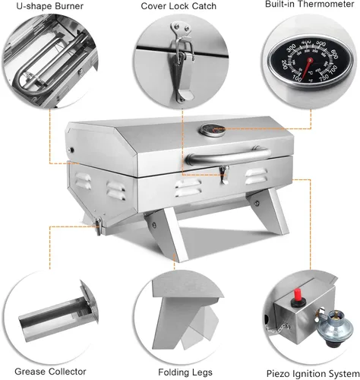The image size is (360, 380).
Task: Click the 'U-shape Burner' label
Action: (x=50, y=6)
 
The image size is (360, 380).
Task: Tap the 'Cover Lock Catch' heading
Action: (x=178, y=6)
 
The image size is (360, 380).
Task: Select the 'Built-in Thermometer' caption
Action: (x=309, y=5)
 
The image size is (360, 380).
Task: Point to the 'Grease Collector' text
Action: (x=50, y=372)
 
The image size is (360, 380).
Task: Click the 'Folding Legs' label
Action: (x=185, y=372)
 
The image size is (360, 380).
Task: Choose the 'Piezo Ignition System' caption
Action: (x=313, y=374)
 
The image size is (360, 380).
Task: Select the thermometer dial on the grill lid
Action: (x=212, y=131)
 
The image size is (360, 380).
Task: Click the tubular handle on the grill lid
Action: (x=227, y=155)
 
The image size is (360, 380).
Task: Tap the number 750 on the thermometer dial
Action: (x=324, y=78)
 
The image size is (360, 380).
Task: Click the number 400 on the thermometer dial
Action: (x=306, y=42)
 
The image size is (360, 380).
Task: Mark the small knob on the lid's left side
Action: (x=71, y=150)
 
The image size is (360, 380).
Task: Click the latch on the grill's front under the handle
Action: (x=224, y=175)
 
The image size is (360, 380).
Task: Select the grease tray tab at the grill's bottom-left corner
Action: (x=98, y=226)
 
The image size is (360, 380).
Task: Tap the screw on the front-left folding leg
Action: (x=153, y=224)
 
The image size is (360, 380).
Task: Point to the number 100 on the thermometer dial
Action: (x=297, y=79)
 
